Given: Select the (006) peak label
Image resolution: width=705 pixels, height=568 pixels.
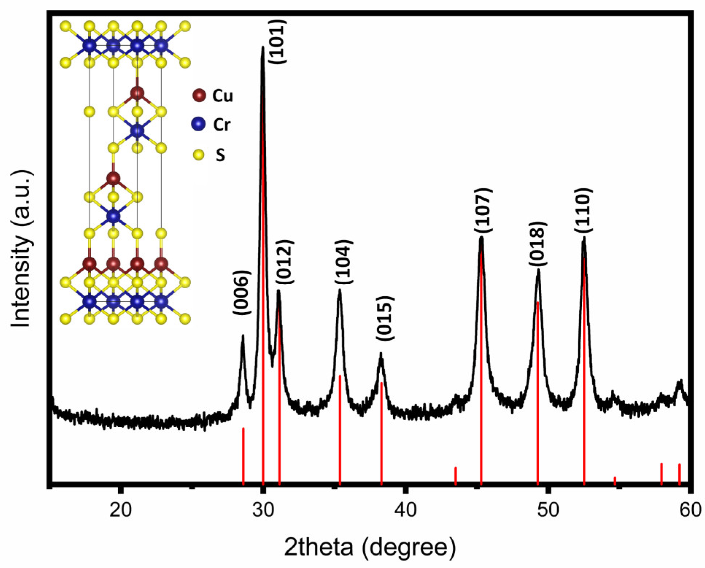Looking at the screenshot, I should [241, 293].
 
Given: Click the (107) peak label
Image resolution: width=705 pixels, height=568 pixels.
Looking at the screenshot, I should [484, 210].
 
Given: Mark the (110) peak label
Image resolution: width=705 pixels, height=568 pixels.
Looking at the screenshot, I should [584, 210].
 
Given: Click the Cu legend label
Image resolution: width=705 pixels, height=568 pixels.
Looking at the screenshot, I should [222, 96].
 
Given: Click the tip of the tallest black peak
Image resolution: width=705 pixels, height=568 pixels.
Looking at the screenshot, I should [262, 47].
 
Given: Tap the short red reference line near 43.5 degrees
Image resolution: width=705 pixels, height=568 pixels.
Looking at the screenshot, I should [455, 476].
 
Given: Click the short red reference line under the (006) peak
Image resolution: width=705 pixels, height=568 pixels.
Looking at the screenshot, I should [243, 456].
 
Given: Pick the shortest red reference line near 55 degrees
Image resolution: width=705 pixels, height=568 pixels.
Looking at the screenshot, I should [615, 481].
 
